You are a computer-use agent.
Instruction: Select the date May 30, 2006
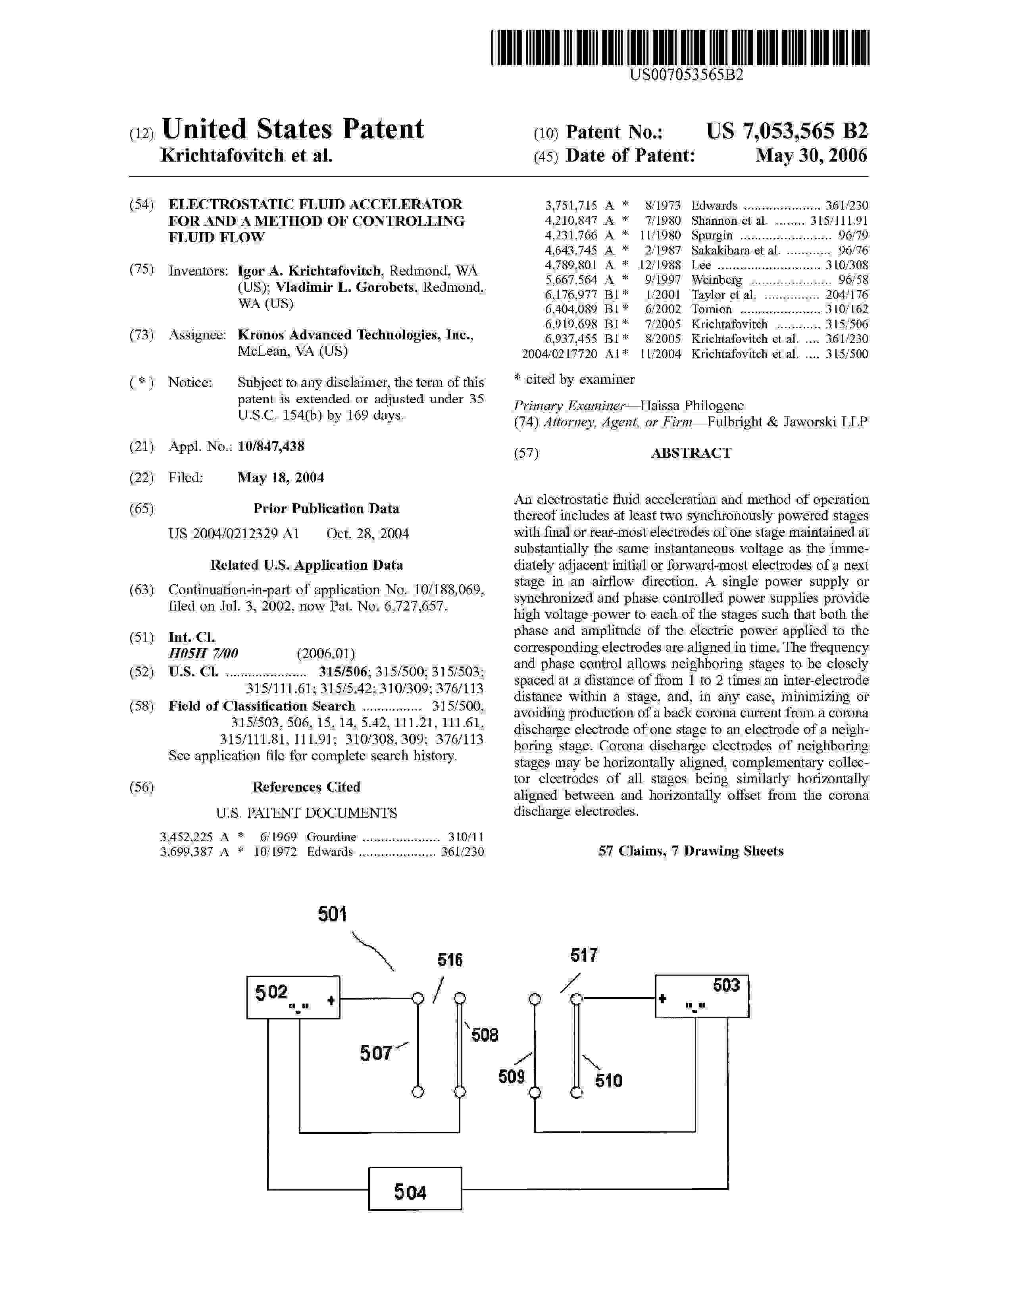point(810,156)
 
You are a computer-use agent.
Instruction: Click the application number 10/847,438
point(271,446)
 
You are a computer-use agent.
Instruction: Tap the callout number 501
point(333,914)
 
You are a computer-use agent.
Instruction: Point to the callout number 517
point(584,955)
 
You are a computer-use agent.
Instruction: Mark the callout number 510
point(608,1081)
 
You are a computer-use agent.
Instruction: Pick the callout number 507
point(376,1053)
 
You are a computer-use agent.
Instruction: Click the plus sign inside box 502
point(330,1000)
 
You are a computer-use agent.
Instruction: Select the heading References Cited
point(306,787)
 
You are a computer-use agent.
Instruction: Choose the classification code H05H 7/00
point(203,653)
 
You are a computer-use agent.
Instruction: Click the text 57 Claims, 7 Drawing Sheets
point(691,851)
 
